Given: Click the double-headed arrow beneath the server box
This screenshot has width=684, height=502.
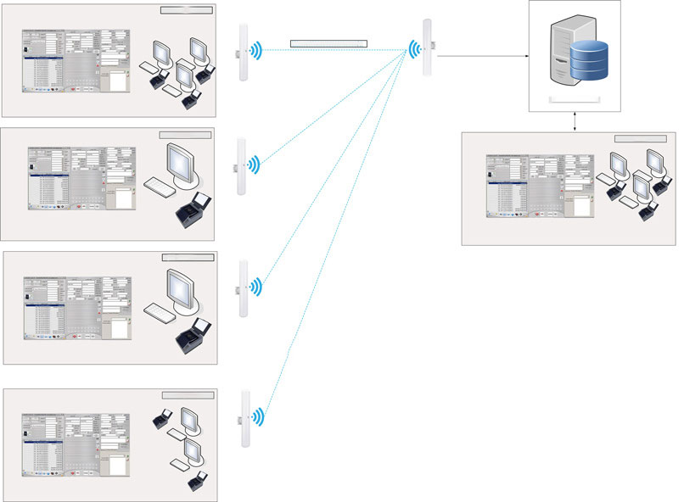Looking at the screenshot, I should click(x=576, y=121).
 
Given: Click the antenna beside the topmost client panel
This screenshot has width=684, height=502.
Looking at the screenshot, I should click(x=243, y=51).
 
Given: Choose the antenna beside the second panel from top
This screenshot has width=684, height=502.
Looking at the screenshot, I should click(x=241, y=164).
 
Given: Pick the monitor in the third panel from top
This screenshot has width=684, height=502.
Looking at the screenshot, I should click(x=183, y=288).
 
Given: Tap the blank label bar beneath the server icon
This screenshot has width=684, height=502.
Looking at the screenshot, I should click(x=576, y=100).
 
